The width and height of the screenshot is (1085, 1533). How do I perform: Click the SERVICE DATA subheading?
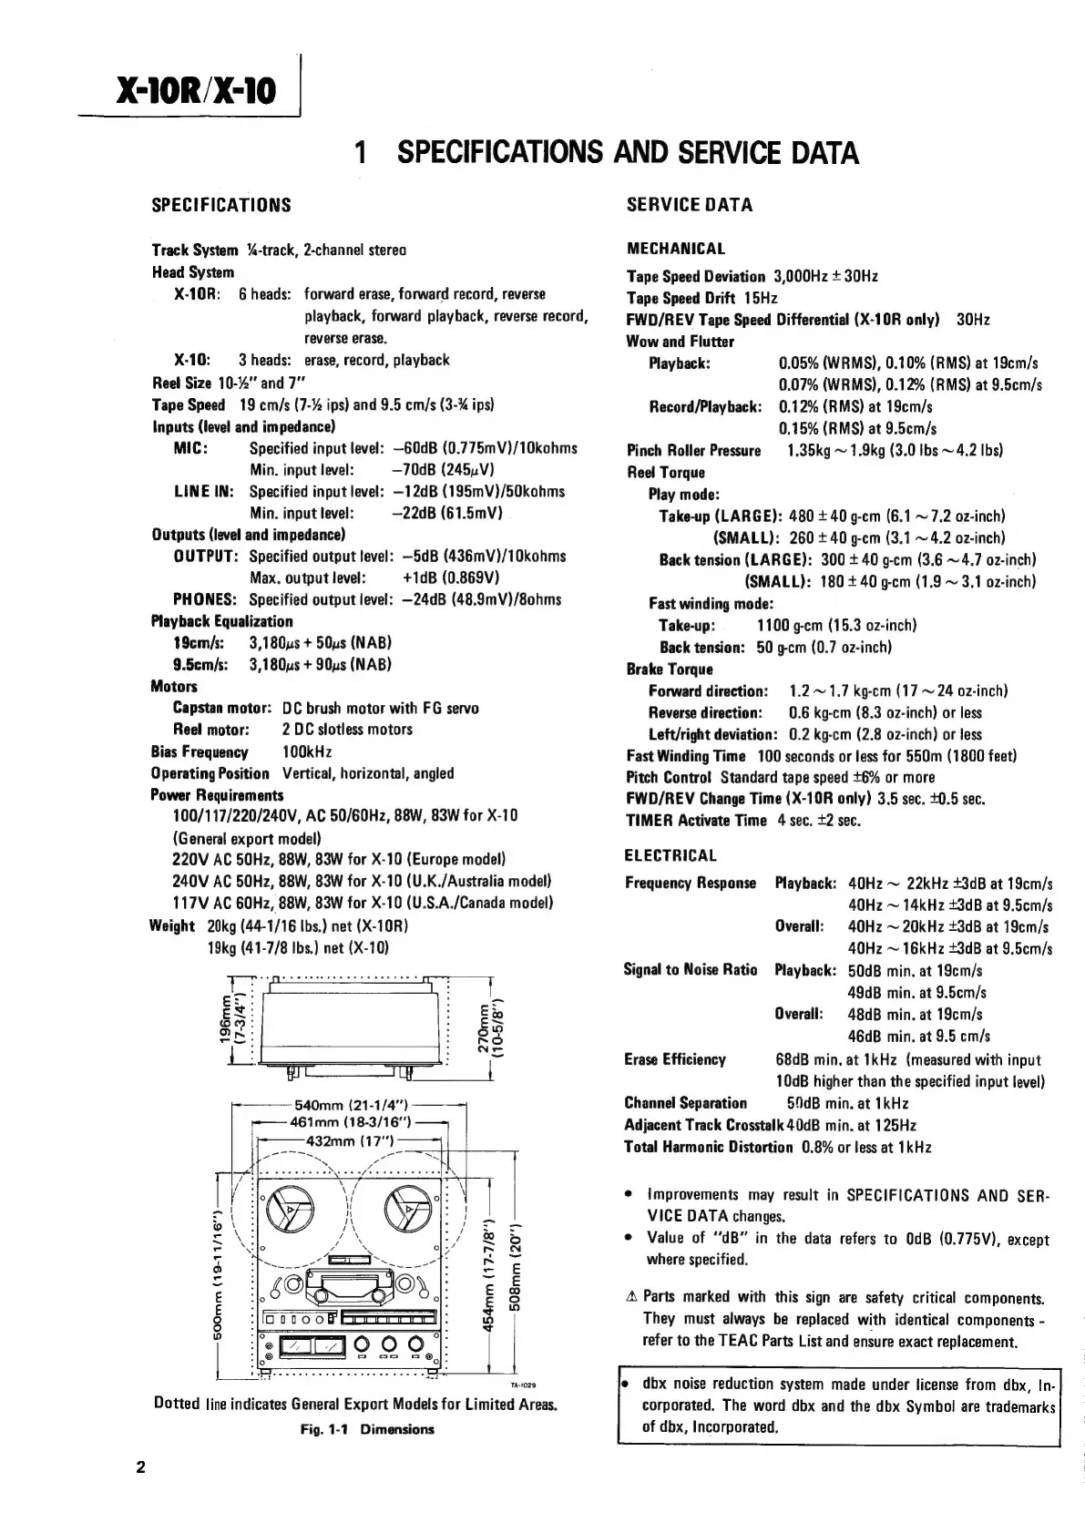click(690, 205)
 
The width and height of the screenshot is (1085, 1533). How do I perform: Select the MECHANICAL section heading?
click(676, 249)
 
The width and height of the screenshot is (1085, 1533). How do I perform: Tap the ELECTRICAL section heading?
click(670, 855)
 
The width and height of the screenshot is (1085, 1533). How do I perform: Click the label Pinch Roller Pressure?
click(693, 451)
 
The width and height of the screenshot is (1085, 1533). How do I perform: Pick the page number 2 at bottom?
click(140, 1467)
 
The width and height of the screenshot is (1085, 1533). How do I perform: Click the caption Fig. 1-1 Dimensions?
click(367, 1429)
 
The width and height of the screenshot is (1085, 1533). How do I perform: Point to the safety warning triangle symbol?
click(631, 1297)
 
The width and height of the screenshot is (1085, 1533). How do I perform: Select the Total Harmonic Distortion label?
click(709, 1147)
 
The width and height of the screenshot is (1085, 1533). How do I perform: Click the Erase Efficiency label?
click(675, 1059)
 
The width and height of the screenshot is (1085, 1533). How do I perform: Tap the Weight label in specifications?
click(172, 925)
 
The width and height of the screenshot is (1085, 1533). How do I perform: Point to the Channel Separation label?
click(686, 1103)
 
